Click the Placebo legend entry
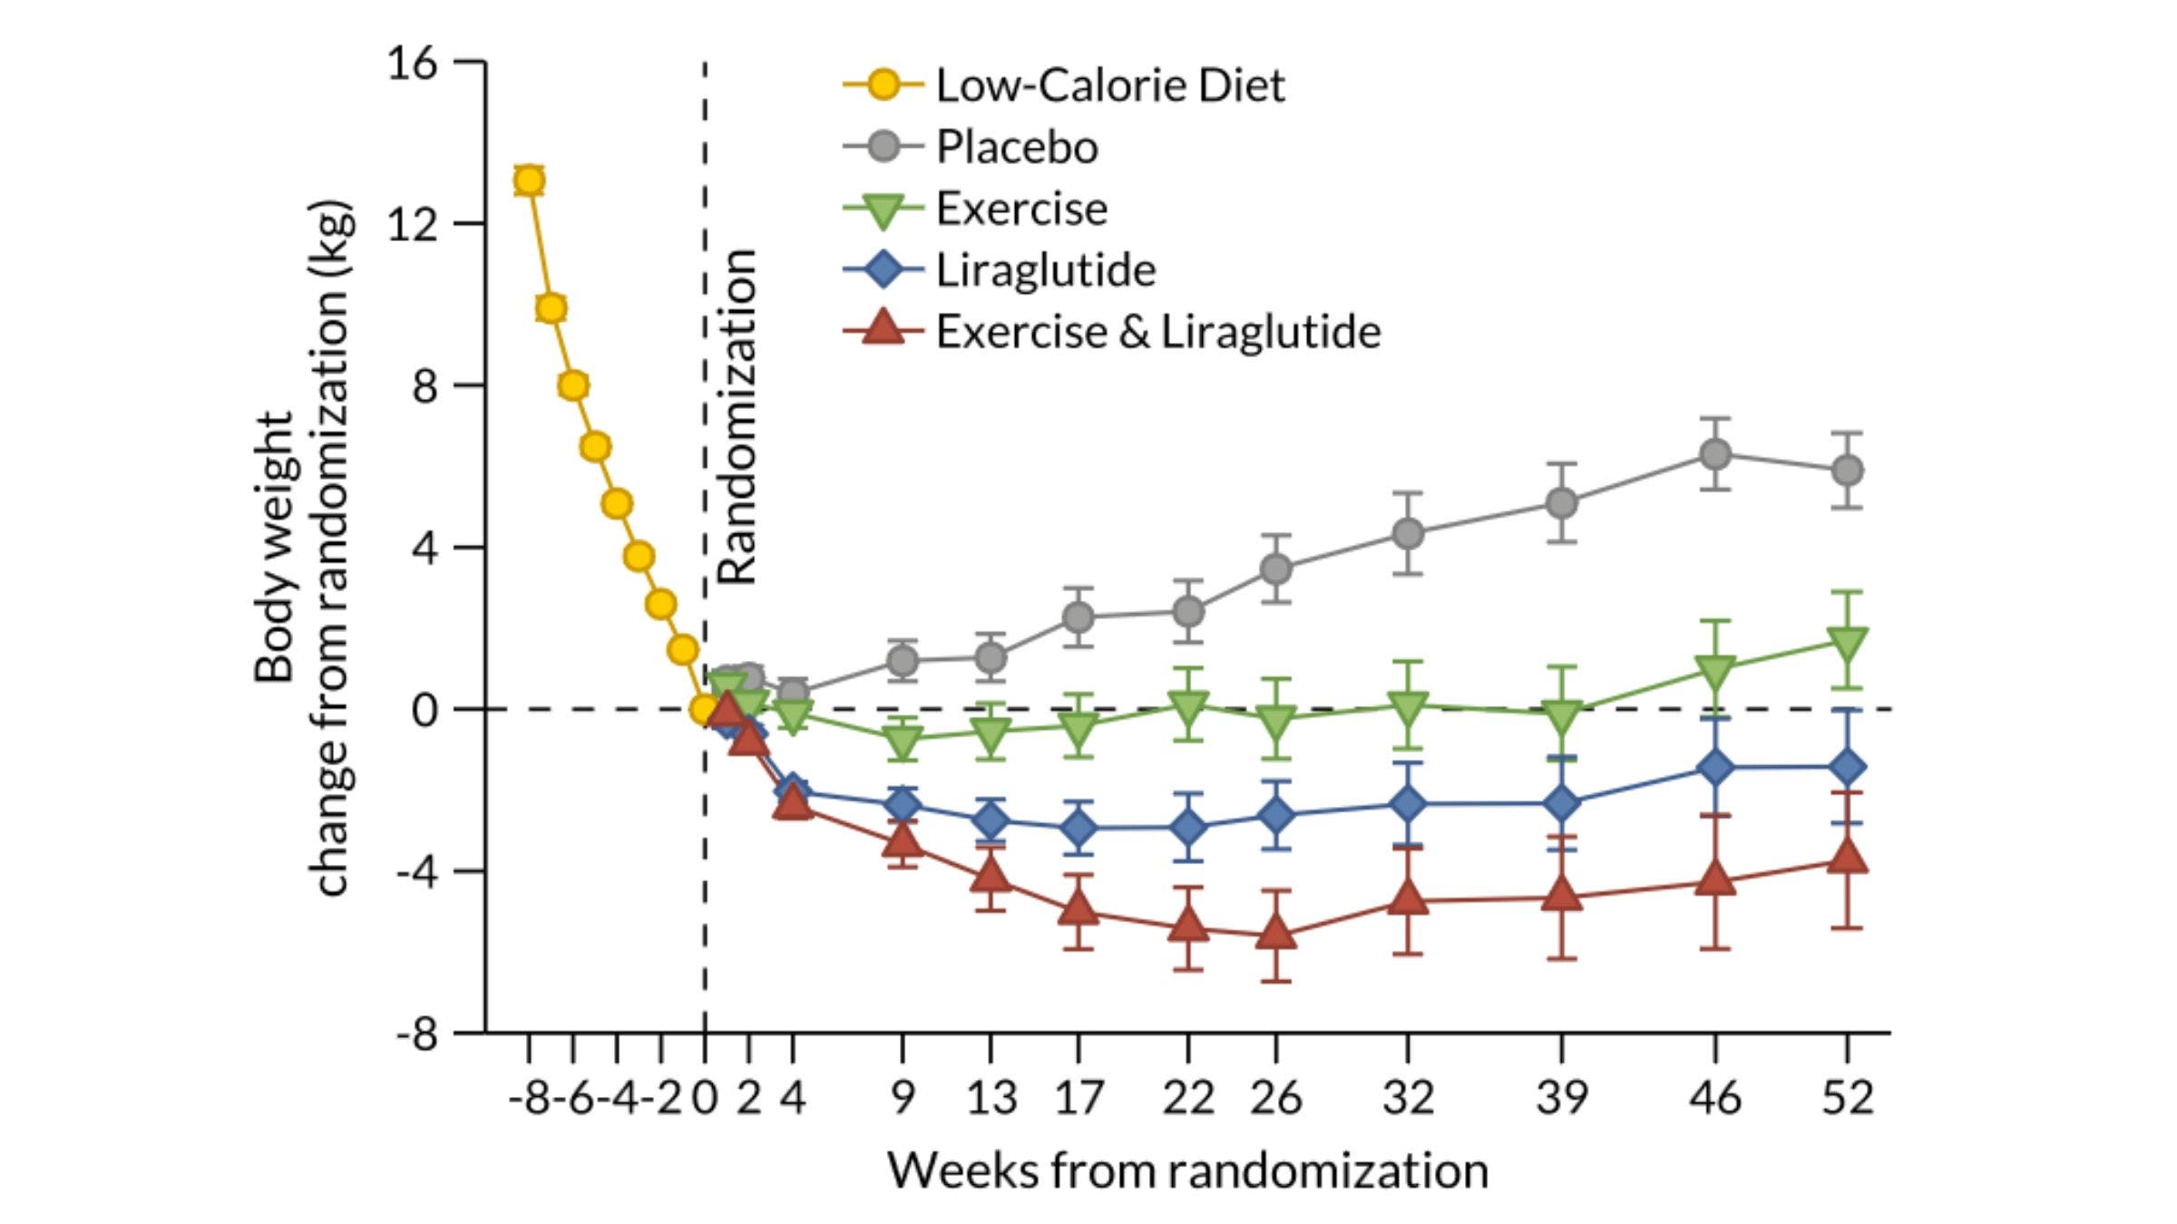pos(1016,147)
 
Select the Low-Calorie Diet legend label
pos(1109,85)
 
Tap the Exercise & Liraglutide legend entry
pos(1157,332)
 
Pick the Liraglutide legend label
pos(1045,270)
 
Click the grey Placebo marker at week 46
pos(1714,454)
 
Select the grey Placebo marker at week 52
pos(1848,471)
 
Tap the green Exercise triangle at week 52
pos(1848,643)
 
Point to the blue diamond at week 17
pos(1078,827)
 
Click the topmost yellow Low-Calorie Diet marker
pos(529,181)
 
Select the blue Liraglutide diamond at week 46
pos(1714,768)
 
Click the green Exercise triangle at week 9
pos(902,741)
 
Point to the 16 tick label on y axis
pos(412,63)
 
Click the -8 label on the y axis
pos(416,1034)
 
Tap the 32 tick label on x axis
pos(1407,1098)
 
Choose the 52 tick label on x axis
pos(1848,1098)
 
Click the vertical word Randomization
pos(737,417)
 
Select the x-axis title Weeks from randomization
pos(1187,1171)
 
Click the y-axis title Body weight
pos(274,549)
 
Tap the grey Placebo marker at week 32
pos(1407,534)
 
